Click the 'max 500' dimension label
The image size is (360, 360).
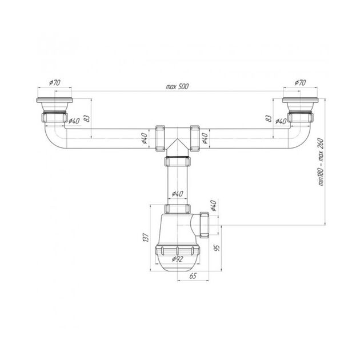[x=177, y=86]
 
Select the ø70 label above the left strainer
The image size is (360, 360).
[x=55, y=83]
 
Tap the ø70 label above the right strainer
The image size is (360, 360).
[x=301, y=83]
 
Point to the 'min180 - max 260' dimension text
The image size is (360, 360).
[x=321, y=162]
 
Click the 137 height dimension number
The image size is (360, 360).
[x=146, y=237]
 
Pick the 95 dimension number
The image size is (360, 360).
[x=217, y=248]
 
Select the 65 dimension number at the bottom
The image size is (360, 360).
[x=193, y=276]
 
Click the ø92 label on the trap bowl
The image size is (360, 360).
[x=178, y=259]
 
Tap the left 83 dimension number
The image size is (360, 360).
[x=87, y=118]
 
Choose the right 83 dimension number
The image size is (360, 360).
[x=268, y=118]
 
